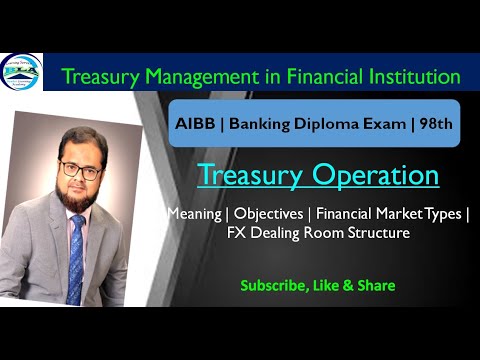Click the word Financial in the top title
pyautogui.click(x=313, y=76)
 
